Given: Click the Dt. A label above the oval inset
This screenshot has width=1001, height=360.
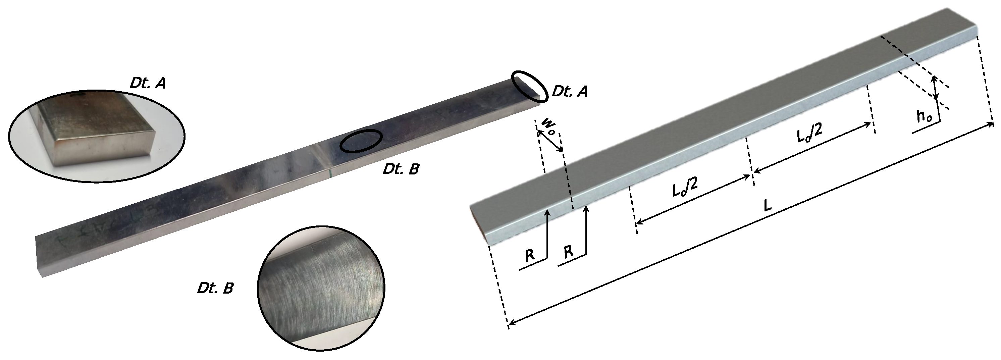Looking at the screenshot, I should (147, 83).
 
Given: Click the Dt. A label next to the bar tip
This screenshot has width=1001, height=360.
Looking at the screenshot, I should (569, 91).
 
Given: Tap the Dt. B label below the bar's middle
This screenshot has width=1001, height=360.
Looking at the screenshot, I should (401, 169).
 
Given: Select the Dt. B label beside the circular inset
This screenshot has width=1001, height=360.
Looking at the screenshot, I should (215, 288).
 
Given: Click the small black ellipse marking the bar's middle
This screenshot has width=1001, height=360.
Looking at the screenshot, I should (361, 140).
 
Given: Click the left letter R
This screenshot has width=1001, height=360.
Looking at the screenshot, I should (530, 255).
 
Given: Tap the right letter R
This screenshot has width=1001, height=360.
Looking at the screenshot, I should (568, 252).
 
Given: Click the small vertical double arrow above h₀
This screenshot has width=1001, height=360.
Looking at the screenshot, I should (935, 88).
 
